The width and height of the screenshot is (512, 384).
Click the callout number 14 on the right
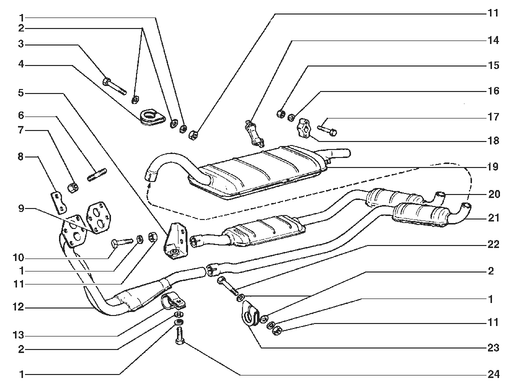[493, 40]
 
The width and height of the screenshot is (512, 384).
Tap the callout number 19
[493, 167]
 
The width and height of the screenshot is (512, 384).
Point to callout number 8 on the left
[20, 157]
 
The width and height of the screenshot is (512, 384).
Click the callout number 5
[21, 93]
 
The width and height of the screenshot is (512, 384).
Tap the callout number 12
[18, 307]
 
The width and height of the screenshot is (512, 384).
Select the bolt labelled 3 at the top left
[114, 85]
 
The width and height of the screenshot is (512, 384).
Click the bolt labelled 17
[327, 130]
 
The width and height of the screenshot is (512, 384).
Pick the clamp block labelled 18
[303, 128]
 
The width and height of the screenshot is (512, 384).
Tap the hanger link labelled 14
[254, 134]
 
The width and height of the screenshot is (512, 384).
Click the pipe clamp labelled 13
[173, 301]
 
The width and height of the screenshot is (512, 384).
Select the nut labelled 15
[280, 113]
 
